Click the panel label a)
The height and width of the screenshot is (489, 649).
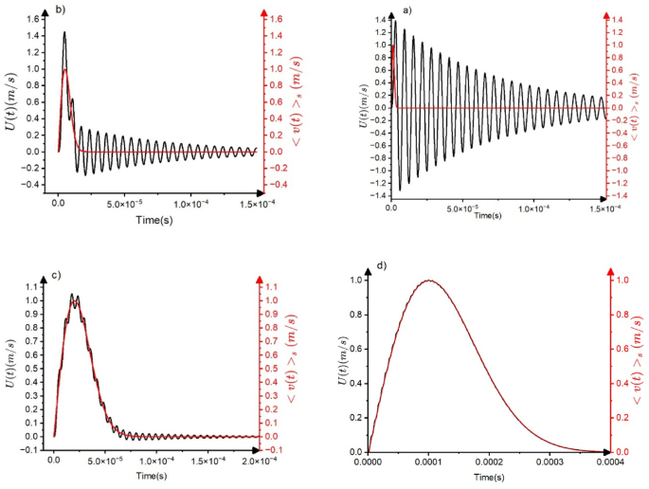[407, 9]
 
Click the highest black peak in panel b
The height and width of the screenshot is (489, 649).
[64, 33]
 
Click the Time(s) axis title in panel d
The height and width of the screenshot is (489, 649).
[488, 478]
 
